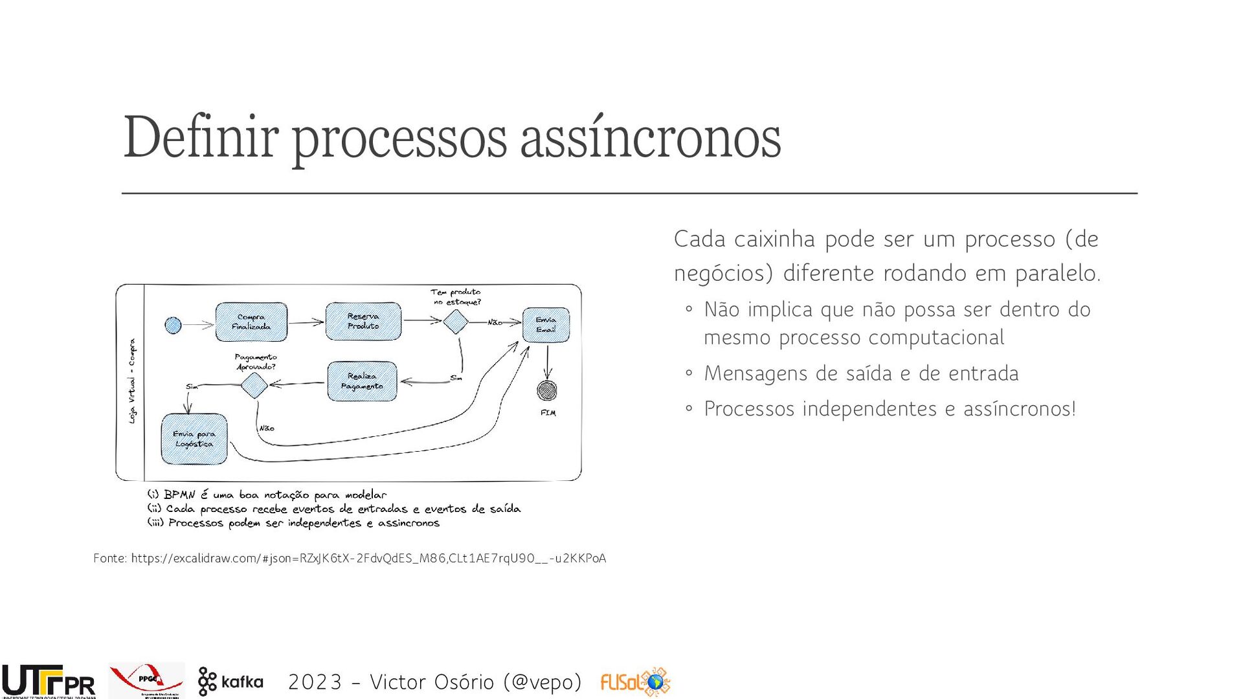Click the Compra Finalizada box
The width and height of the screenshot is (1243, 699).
tap(251, 322)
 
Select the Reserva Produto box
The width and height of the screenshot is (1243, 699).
tap(363, 321)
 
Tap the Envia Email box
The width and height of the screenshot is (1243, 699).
tap(546, 324)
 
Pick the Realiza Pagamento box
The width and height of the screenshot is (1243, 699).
tap(362, 381)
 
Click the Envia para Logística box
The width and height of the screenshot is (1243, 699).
tap(194, 439)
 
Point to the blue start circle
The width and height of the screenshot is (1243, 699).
tap(173, 325)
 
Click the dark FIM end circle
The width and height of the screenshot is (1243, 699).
tap(547, 390)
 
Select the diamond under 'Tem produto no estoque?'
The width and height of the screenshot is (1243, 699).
tap(456, 321)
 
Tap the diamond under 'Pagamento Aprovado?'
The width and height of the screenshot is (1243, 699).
tap(254, 385)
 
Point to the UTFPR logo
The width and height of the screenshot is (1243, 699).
tap(49, 682)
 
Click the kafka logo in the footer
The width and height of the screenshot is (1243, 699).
tap(231, 682)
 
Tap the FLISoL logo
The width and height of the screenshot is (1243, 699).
tap(635, 682)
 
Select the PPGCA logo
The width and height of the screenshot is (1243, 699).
tap(147, 680)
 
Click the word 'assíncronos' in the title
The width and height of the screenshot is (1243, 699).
tap(651, 137)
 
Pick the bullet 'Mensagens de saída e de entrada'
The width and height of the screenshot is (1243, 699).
tap(861, 373)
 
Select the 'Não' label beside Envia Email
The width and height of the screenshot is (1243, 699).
tap(495, 322)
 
